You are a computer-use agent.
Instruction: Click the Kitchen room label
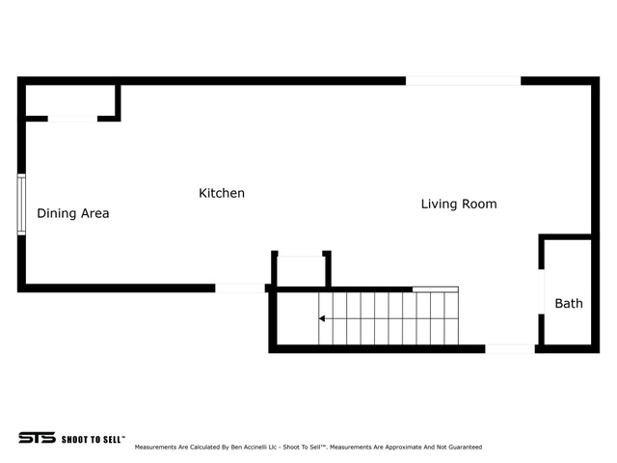pyautogui.click(x=222, y=193)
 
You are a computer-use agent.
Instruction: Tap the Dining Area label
pyautogui.click(x=73, y=213)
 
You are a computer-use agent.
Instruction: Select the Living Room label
pyautogui.click(x=459, y=204)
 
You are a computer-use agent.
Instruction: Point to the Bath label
pyautogui.click(x=569, y=303)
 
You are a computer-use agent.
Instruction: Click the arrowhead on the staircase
pyautogui.click(x=321, y=318)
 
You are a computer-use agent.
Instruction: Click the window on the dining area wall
pyautogui.click(x=21, y=204)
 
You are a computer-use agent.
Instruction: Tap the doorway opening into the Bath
pyautogui.click(x=542, y=291)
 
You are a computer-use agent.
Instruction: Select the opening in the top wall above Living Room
pyautogui.click(x=463, y=81)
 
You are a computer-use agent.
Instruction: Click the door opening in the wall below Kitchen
pyautogui.click(x=240, y=288)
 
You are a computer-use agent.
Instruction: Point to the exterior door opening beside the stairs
pyautogui.click(x=510, y=349)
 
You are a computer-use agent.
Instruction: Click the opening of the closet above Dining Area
pyautogui.click(x=73, y=119)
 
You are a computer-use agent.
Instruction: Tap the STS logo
pyautogui.click(x=37, y=438)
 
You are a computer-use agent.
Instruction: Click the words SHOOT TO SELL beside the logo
pyautogui.click(x=93, y=439)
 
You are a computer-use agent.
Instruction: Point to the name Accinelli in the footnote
pyautogui.click(x=255, y=447)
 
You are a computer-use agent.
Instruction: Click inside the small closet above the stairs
pyautogui.click(x=301, y=272)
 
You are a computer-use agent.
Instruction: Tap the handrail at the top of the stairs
pyautogui.click(x=435, y=289)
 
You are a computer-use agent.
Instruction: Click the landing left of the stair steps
pyautogui.click(x=298, y=318)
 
